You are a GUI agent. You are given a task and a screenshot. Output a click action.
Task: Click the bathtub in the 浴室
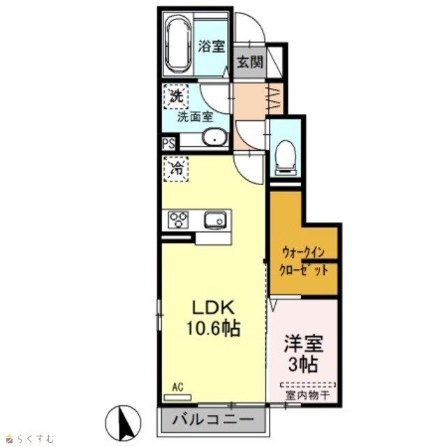coord(179,45)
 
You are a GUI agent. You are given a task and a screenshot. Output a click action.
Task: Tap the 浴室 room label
coord(212,47)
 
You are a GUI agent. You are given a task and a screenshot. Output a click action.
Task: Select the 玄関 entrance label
coord(250,61)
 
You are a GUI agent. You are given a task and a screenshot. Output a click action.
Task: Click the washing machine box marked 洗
coord(176,96)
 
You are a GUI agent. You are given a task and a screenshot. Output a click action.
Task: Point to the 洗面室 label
coord(196,117)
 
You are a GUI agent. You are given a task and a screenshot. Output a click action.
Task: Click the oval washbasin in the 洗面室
coord(215,138)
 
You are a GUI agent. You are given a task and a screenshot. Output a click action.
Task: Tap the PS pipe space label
coord(168,143)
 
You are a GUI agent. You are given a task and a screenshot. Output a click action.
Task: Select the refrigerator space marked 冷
coord(176,169)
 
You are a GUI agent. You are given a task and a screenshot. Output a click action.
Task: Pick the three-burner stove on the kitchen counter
coord(178,219)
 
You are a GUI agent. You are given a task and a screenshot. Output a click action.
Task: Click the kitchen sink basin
coord(215,220)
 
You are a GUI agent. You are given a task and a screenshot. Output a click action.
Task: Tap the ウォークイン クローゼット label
coord(303,261)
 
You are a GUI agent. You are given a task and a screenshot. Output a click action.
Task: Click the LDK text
coord(214,308)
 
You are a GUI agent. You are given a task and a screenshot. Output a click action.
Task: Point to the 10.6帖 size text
coord(213,328)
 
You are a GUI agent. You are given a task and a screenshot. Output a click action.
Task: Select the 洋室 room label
coord(303,344)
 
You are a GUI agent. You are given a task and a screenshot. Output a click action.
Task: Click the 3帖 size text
coord(303,364)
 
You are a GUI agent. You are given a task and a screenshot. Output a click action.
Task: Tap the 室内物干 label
coord(307,395)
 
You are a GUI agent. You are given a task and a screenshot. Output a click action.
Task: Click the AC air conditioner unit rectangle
coord(177,397)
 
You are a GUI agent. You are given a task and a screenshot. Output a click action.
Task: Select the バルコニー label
coord(213,419)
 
